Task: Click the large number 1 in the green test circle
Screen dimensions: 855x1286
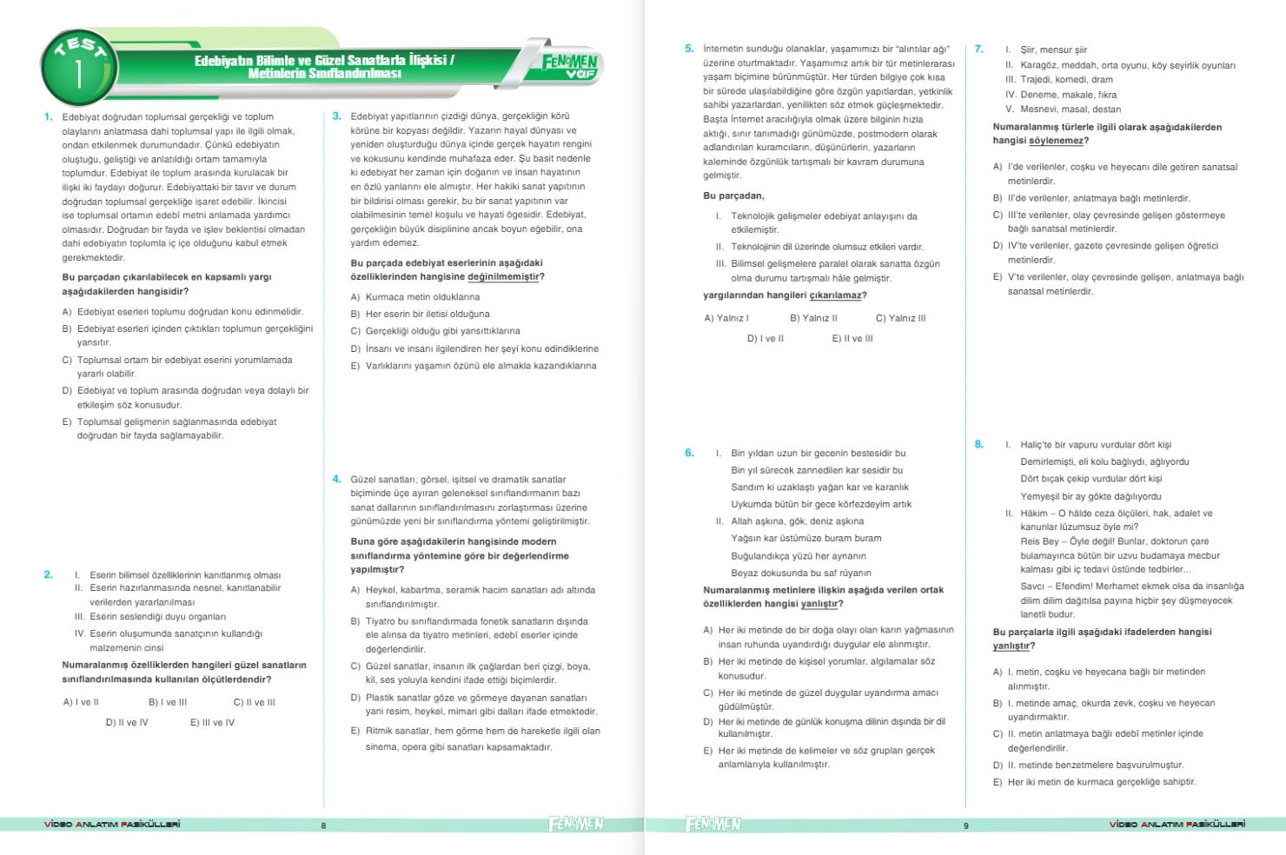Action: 79,74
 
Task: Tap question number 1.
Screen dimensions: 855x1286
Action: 49,116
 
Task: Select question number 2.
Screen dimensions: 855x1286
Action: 49,574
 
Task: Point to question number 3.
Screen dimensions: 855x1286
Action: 337,116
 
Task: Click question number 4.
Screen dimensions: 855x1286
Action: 337,479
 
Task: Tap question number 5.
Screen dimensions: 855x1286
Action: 689,49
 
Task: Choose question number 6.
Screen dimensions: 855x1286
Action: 689,453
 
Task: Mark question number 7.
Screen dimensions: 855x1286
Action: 979,50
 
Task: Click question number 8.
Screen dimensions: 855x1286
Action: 979,444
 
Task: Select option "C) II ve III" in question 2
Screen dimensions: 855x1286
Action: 254,702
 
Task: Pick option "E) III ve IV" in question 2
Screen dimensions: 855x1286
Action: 212,722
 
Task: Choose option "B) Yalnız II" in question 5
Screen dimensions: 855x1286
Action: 813,318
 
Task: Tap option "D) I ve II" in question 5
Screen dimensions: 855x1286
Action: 765,338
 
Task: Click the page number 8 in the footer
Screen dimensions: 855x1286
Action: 323,825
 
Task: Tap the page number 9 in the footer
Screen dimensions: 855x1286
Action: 965,825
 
